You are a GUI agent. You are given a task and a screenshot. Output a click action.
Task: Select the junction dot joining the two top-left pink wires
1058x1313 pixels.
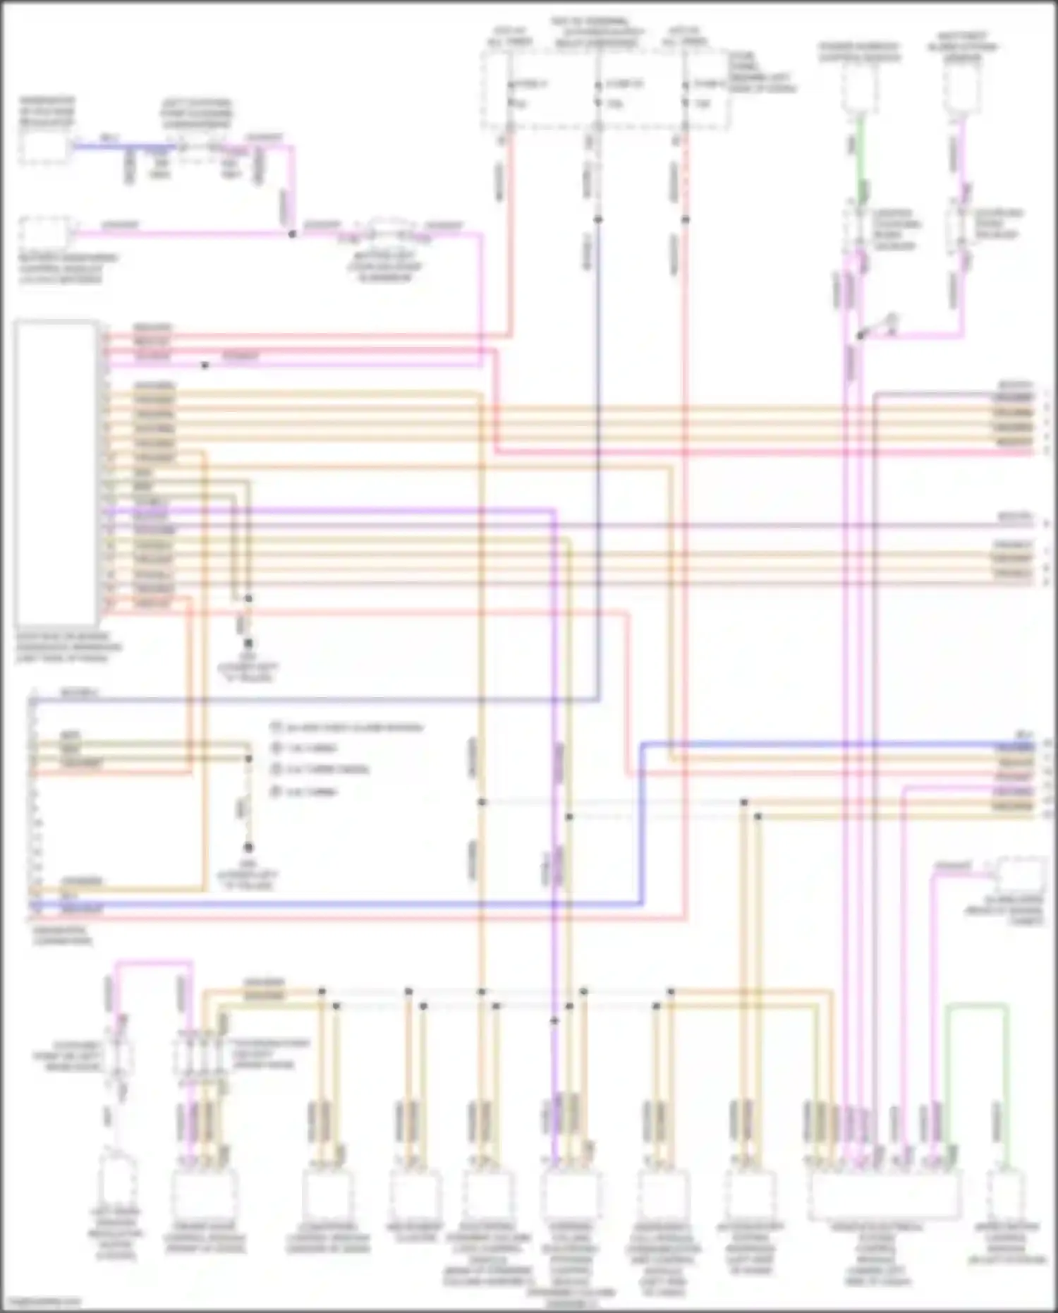[x=292, y=234]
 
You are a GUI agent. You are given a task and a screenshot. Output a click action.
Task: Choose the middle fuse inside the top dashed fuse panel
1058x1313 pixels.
[x=598, y=94]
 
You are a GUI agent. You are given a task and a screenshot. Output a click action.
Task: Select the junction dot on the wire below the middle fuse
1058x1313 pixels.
[x=598, y=219]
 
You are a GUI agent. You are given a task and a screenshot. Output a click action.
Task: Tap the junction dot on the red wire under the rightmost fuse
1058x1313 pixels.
[x=685, y=219]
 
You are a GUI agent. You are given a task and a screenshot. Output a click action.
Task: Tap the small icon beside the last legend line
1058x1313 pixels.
[x=276, y=792]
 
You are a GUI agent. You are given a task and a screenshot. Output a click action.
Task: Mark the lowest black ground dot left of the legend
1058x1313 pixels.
[x=248, y=847]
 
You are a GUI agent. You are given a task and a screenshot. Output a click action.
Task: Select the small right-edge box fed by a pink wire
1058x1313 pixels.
[x=1021, y=876]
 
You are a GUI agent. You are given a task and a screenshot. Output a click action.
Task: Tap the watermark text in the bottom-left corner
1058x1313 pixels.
[x=41, y=1302]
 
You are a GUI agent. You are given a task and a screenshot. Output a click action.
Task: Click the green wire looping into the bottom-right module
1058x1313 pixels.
[x=977, y=1005]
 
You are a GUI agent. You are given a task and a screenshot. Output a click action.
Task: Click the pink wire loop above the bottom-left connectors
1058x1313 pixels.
[x=152, y=962]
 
